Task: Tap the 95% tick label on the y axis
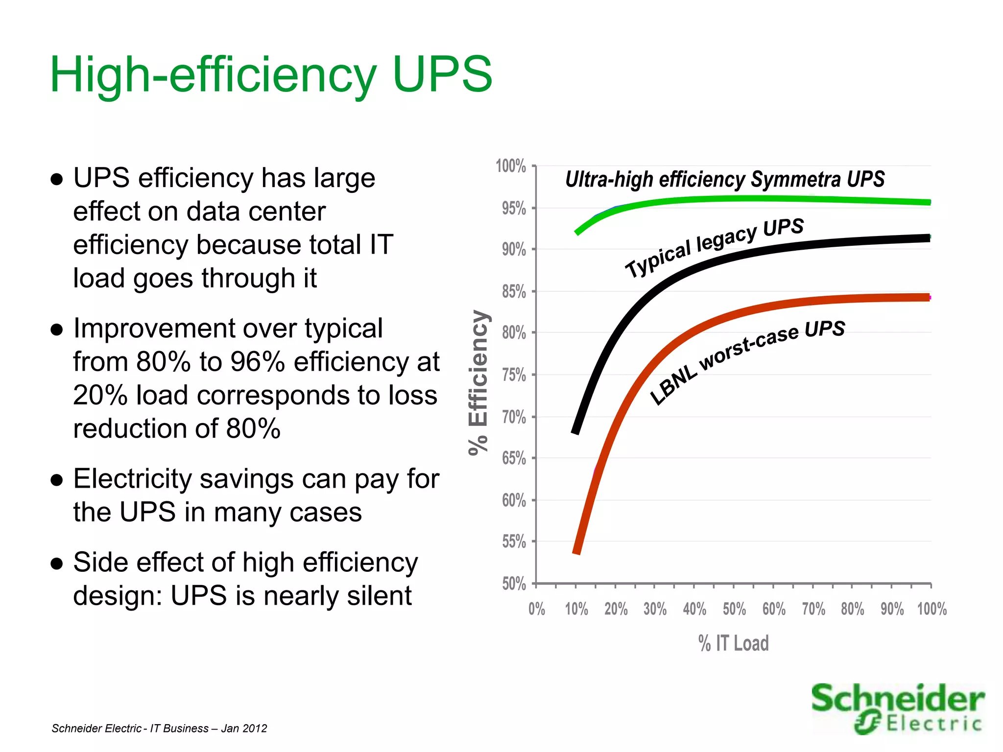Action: coord(513,209)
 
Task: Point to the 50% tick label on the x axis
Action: coord(734,610)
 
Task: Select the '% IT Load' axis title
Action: coord(733,643)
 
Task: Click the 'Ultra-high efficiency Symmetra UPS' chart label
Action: coord(725,179)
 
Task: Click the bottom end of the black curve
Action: coord(575,432)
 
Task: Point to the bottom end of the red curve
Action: coord(576,552)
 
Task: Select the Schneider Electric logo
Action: coord(897,708)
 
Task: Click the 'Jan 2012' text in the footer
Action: coord(244,728)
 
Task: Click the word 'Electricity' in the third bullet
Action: coord(132,479)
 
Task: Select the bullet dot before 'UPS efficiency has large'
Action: coord(57,179)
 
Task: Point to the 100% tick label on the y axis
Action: coord(511,166)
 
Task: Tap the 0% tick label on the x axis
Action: coord(537,610)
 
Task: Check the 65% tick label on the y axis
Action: coord(513,458)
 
